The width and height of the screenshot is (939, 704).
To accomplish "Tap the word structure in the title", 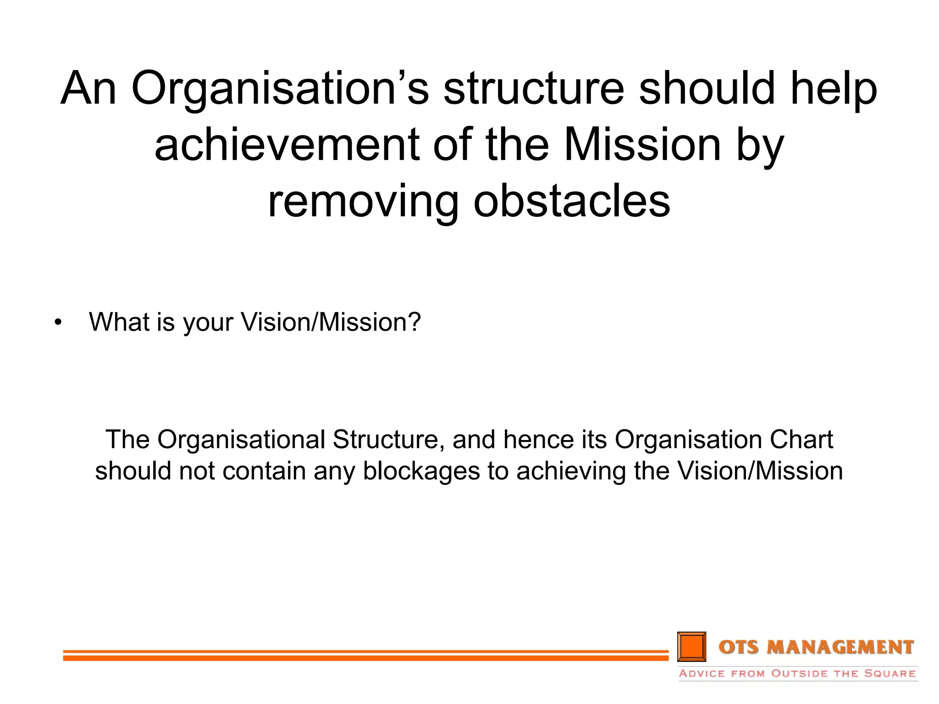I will (x=534, y=88).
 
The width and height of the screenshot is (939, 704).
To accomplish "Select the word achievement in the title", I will (x=287, y=145).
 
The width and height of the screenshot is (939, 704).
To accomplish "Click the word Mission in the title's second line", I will (x=643, y=145).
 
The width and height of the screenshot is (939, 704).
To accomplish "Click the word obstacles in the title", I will (x=572, y=202).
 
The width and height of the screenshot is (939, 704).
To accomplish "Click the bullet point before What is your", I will (x=58, y=323).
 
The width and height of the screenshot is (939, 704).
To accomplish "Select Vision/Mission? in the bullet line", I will (x=331, y=322).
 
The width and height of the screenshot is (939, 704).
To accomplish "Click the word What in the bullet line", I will (x=119, y=322).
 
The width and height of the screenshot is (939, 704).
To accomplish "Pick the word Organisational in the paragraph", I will (x=242, y=440).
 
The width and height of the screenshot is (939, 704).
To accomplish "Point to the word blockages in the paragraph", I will (x=421, y=472).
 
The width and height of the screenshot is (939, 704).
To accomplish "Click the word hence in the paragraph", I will (x=538, y=440).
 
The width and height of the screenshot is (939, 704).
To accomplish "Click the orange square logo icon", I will (x=691, y=647).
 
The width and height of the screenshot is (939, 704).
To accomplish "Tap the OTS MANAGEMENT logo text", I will (x=816, y=647).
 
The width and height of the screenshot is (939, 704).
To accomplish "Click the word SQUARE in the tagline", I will (x=890, y=674).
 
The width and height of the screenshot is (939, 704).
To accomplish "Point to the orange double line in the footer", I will (x=365, y=655).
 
